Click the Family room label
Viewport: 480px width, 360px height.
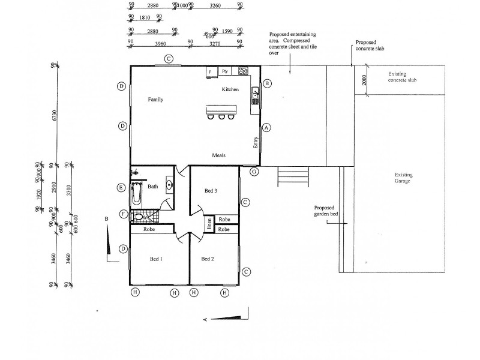pyautogui.click(x=156, y=100)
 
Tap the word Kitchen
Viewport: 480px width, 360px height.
pyautogui.click(x=230, y=89)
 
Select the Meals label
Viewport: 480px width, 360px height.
pyautogui.click(x=218, y=155)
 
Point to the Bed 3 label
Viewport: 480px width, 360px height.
pyautogui.click(x=211, y=191)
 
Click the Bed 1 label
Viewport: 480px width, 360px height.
pyautogui.click(x=156, y=259)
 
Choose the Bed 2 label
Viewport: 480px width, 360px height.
pyautogui.click(x=208, y=259)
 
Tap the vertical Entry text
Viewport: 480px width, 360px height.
pyautogui.click(x=255, y=143)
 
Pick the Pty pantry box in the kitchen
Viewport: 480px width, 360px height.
pyautogui.click(x=225, y=71)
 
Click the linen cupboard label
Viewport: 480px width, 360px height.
pyautogui.click(x=209, y=223)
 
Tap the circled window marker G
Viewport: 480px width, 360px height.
pyautogui.click(x=254, y=172)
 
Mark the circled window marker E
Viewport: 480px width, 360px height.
pyautogui.click(x=122, y=188)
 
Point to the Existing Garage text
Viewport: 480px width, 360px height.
pyautogui.click(x=403, y=178)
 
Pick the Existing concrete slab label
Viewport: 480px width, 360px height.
pyautogui.click(x=398, y=77)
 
